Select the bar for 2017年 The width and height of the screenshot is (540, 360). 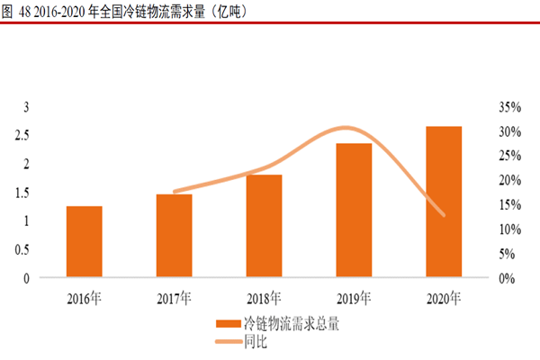pyautogui.click(x=174, y=236)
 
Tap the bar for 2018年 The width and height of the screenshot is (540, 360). pyautogui.click(x=264, y=226)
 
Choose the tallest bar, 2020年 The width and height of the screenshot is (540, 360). pyautogui.click(x=444, y=202)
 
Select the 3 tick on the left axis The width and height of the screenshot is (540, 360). pyautogui.click(x=27, y=107)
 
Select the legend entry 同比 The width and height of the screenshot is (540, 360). pyautogui.click(x=256, y=340)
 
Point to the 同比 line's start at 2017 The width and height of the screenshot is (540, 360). pyautogui.click(x=175, y=192)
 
